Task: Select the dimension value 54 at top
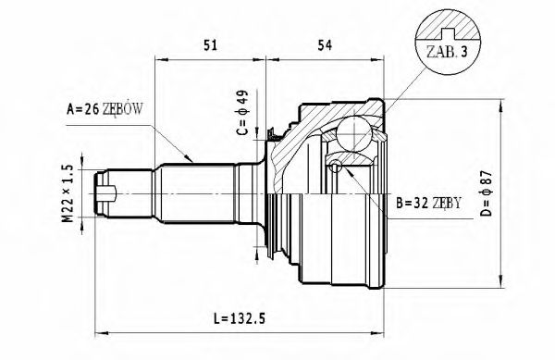[x=325, y=43]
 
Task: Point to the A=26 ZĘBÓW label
[x=105, y=108]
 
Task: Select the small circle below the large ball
[x=334, y=166]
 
